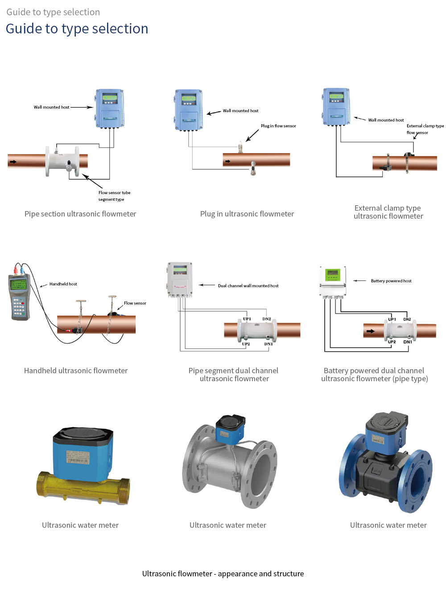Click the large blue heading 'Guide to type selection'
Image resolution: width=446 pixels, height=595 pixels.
pyautogui.click(x=77, y=29)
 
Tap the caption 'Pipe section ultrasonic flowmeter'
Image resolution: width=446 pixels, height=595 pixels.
pyautogui.click(x=80, y=214)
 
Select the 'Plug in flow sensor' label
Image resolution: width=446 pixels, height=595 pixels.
pyautogui.click(x=278, y=126)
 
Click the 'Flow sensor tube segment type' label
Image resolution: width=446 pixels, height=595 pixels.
pyautogui.click(x=114, y=196)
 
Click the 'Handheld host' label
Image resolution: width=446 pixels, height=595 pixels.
pyautogui.click(x=63, y=284)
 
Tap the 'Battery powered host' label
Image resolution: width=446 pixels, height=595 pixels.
pyautogui.click(x=391, y=281)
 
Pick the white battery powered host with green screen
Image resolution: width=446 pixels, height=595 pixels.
pyautogui.click(x=333, y=281)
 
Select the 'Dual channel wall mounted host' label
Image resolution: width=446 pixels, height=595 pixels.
pyautogui.click(x=248, y=286)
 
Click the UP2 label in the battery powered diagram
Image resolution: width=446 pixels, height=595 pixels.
pyautogui.click(x=392, y=342)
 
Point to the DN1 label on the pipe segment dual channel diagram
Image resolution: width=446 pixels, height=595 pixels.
pyautogui.click(x=268, y=344)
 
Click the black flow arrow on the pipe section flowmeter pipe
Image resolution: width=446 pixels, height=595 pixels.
pyautogui.click(x=13, y=162)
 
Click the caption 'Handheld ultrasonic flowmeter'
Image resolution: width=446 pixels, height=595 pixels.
pyautogui.click(x=76, y=371)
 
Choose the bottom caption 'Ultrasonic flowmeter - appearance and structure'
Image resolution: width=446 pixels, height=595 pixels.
pyautogui.click(x=223, y=574)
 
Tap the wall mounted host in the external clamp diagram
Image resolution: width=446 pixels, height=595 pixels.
pyautogui.click(x=336, y=107)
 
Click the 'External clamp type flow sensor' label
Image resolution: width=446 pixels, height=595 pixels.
pyautogui.click(x=425, y=129)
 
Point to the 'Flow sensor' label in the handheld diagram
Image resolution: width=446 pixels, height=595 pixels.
pyautogui.click(x=135, y=303)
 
